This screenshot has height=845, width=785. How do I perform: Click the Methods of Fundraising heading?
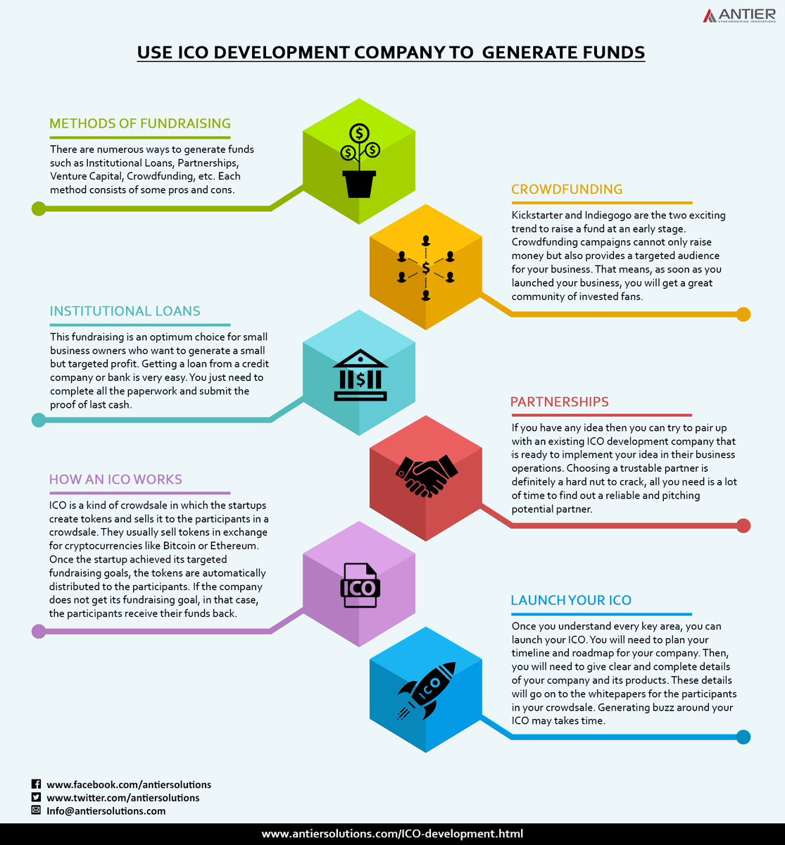140,124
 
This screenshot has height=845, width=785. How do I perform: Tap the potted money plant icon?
359,162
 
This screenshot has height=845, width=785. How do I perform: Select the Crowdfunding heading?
567,189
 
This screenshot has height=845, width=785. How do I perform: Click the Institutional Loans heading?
125,311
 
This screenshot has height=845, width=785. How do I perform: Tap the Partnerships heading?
560,402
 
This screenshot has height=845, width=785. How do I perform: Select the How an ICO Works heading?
115,480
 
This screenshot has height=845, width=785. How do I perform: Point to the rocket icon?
427,689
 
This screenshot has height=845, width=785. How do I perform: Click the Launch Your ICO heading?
571,601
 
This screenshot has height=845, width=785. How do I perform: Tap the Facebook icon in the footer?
37,784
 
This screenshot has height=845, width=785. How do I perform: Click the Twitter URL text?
123,798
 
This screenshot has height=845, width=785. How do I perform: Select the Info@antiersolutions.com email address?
106,811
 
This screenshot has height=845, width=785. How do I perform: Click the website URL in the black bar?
392,834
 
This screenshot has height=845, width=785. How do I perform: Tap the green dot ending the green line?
39,208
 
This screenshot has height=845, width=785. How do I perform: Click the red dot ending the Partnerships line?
743,525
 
